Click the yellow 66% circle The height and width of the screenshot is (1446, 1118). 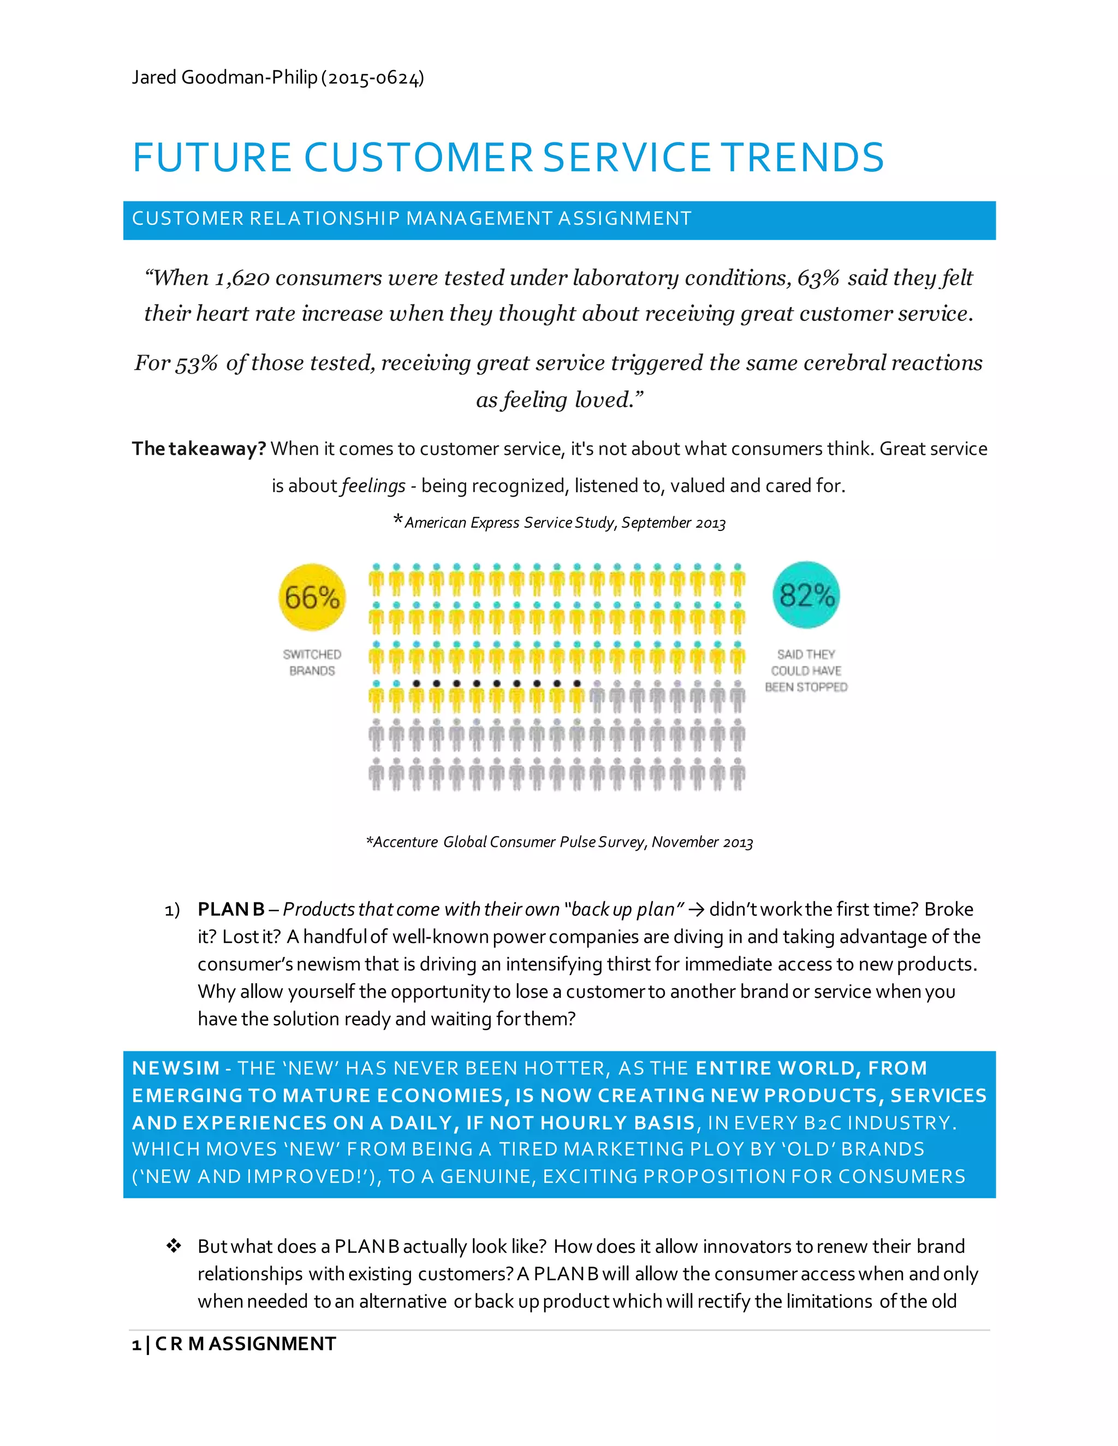click(x=312, y=596)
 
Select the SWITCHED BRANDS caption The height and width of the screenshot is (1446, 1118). click(x=312, y=662)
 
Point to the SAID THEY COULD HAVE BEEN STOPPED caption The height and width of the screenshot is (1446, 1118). click(x=806, y=670)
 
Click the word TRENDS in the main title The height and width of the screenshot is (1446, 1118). click(x=802, y=158)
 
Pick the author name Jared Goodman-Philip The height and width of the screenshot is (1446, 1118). click(x=224, y=77)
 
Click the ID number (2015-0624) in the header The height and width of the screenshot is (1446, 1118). click(x=372, y=78)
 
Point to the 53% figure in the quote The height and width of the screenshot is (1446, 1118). click(x=196, y=363)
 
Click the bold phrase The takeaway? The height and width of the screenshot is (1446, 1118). click(x=199, y=449)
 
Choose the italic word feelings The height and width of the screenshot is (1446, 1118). click(x=373, y=486)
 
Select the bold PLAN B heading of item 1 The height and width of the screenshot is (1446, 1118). click(x=230, y=909)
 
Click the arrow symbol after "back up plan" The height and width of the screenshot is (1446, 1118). click(x=696, y=910)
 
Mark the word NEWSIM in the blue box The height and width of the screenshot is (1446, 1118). click(x=176, y=1068)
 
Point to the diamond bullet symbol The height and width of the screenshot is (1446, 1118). click(x=174, y=1246)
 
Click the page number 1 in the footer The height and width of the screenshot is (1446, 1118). click(x=136, y=1345)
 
